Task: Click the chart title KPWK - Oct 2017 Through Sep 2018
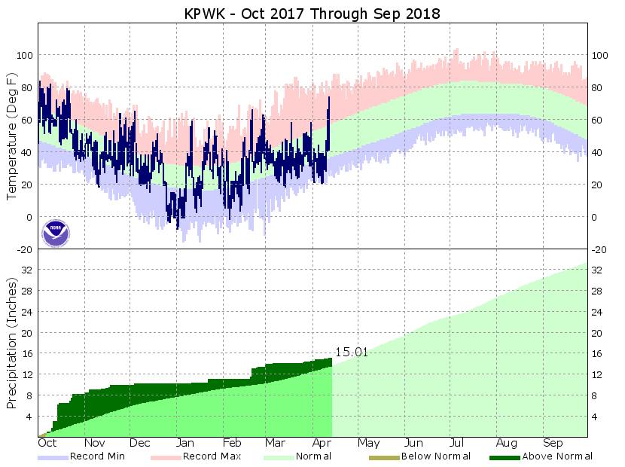point(312,14)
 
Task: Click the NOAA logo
point(56,233)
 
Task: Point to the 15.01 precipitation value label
point(352,352)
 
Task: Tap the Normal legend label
point(314,456)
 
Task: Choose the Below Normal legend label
point(436,456)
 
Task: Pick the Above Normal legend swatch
point(505,456)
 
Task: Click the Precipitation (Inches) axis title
point(12,343)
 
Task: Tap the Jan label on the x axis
point(184,444)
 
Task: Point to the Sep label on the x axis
point(553,444)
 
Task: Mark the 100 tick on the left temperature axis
point(25,56)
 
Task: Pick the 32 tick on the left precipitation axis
point(28,270)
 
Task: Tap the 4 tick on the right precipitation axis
point(596,416)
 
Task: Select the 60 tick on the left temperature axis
point(28,121)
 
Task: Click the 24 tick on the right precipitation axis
point(599,312)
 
